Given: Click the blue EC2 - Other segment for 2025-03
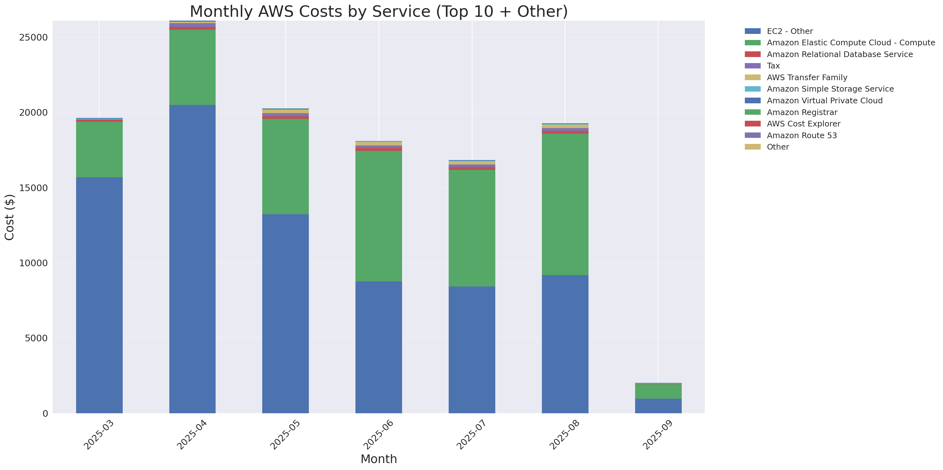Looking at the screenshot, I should pos(99,295).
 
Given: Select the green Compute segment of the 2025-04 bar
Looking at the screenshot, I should pos(192,67).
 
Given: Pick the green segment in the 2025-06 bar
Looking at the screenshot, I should pos(379,216).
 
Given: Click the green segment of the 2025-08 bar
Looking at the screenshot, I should pos(565,204).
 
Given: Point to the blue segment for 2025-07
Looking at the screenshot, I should pos(471,349).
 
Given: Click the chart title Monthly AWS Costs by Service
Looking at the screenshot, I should pos(379,11).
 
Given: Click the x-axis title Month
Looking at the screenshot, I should pos(379,459).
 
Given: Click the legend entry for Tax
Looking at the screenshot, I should pos(773,66).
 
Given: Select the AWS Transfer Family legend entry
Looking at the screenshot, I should pos(807,78).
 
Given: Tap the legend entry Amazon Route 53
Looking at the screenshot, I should pos(802,135).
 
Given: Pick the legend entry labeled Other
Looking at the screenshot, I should pos(777,147).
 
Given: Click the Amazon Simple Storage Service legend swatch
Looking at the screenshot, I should pos(753,89).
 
